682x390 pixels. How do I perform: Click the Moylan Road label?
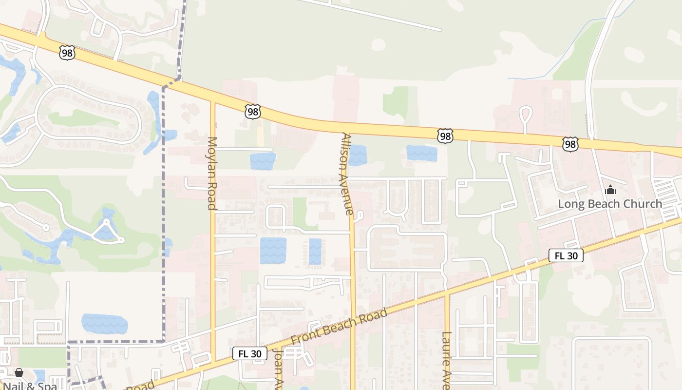(x=212, y=173)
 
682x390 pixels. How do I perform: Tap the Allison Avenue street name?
(x=346, y=174)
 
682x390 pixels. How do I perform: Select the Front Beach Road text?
(x=339, y=326)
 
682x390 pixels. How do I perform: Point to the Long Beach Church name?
(x=610, y=204)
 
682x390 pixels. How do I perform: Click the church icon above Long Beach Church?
(x=610, y=190)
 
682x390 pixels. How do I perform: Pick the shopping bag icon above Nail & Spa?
(x=19, y=372)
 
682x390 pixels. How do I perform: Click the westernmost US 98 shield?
(x=67, y=53)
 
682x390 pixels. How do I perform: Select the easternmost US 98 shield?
(x=570, y=143)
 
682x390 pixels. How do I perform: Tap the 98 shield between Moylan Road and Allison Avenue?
(x=252, y=112)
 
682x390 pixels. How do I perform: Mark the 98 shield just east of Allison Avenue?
(x=445, y=136)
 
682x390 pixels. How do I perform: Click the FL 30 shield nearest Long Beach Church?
(x=566, y=255)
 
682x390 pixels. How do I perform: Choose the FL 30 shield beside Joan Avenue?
(x=249, y=353)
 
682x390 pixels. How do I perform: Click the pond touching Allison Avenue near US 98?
(x=357, y=155)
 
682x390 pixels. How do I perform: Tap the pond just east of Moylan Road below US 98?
(x=263, y=161)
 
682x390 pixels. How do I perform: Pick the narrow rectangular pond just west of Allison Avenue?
(x=315, y=252)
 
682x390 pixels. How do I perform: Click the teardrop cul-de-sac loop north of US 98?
(x=526, y=115)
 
